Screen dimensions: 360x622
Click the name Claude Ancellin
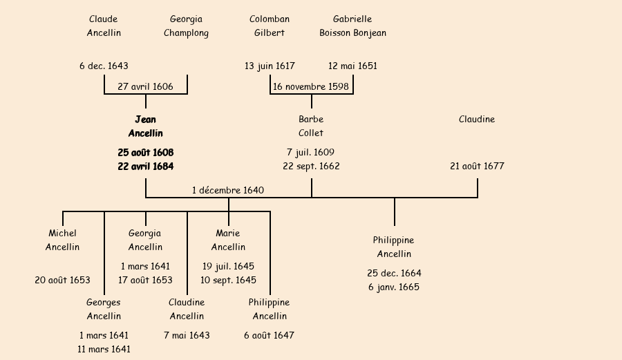(x=104, y=26)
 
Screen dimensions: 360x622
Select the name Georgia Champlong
(x=186, y=26)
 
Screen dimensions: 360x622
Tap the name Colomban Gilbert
(x=270, y=26)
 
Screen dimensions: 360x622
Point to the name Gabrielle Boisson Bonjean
(x=352, y=26)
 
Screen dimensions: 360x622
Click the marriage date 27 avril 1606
(x=145, y=87)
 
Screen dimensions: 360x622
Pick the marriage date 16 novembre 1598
(x=311, y=87)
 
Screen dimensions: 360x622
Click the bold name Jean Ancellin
(x=145, y=126)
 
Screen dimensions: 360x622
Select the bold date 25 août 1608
(x=145, y=152)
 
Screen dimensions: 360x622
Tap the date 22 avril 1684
(x=145, y=167)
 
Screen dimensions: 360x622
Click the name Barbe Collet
(x=311, y=126)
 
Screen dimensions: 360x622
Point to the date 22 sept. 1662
(x=311, y=167)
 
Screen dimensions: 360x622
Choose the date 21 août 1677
(x=477, y=167)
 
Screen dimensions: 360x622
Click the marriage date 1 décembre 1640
(x=228, y=190)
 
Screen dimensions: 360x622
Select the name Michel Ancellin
(x=62, y=240)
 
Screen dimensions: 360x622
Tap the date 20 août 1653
(x=62, y=281)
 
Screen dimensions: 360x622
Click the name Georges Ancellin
(x=104, y=310)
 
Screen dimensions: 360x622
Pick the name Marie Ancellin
(x=228, y=240)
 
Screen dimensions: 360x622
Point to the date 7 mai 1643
(x=187, y=336)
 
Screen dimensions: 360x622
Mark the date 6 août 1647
(x=270, y=336)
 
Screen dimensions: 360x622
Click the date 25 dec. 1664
(x=394, y=274)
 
